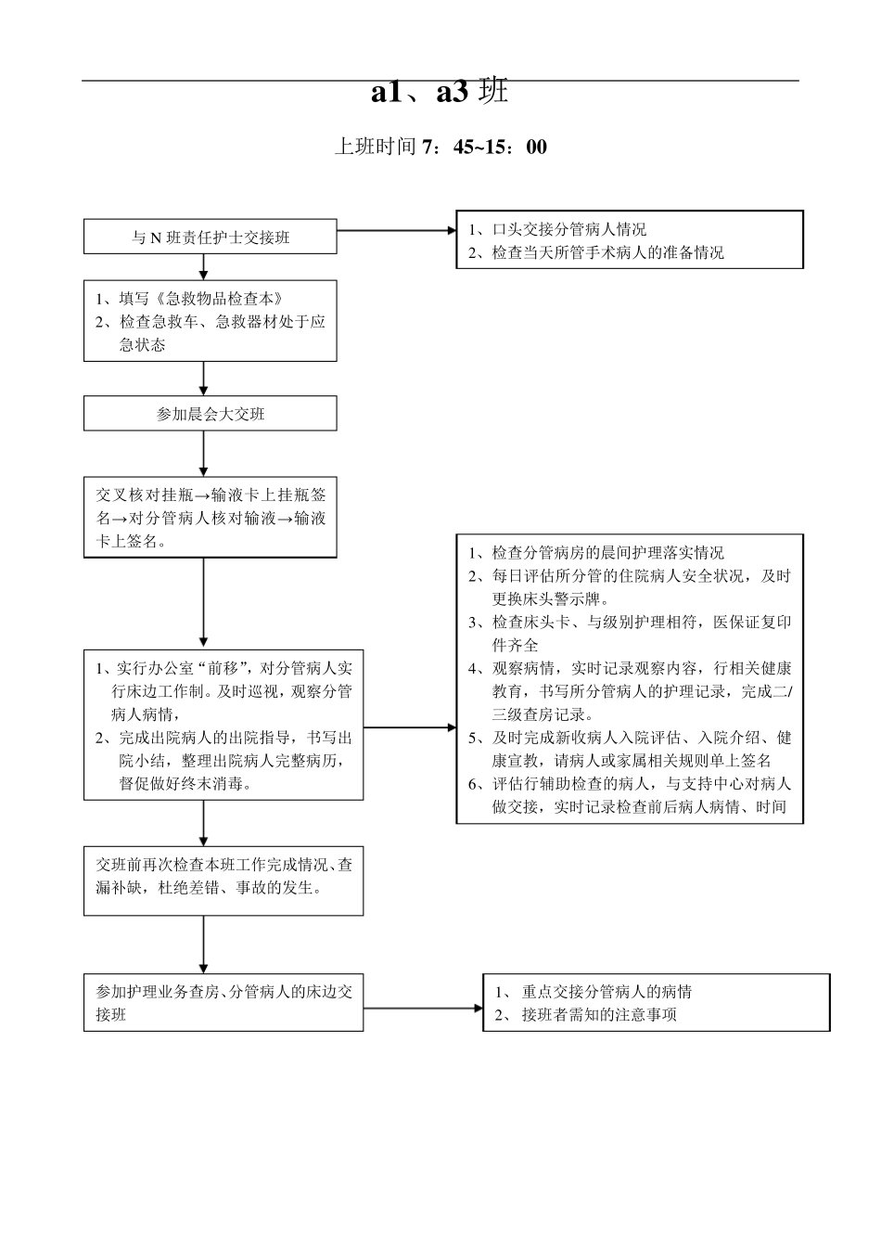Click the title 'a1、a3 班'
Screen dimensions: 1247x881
point(440,92)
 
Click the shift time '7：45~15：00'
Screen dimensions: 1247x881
point(484,148)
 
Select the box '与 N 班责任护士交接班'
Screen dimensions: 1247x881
point(211,238)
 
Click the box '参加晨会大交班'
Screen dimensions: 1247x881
point(211,414)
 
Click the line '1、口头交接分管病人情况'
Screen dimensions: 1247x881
point(557,229)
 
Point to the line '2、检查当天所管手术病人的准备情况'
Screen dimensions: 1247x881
point(596,252)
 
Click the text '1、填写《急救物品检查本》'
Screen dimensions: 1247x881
point(189,299)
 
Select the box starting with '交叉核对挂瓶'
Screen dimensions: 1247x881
point(211,518)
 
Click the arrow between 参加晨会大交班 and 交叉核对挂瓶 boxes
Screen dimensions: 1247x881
point(204,454)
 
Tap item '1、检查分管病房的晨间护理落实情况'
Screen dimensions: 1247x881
point(596,553)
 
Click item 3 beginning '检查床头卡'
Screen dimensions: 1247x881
point(630,633)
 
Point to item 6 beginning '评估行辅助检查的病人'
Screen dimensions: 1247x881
point(630,795)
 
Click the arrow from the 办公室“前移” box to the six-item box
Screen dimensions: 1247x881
point(409,726)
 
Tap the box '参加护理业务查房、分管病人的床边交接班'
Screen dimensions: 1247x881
point(223,1002)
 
